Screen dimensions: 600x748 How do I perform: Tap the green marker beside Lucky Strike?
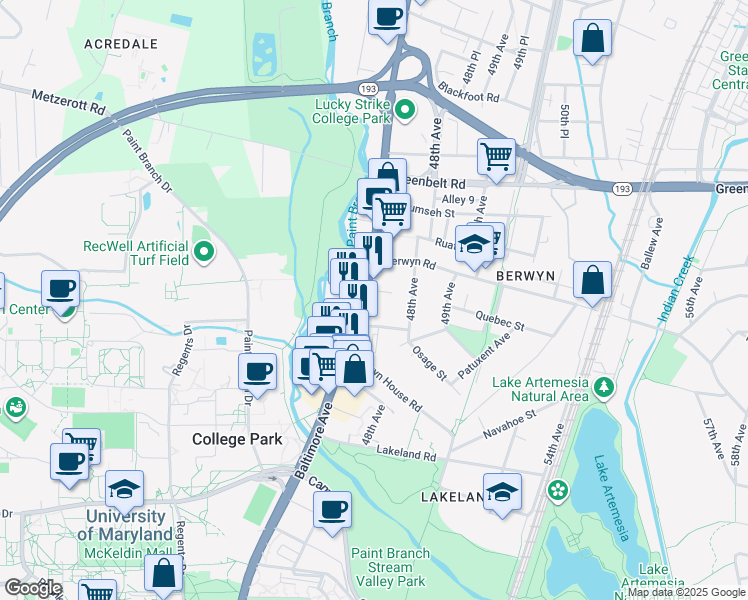[405, 110]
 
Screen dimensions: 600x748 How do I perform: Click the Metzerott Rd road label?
[68, 103]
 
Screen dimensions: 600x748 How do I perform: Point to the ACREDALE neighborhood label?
[121, 44]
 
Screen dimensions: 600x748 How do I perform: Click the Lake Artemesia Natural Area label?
[540, 388]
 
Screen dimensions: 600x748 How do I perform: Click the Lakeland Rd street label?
[407, 453]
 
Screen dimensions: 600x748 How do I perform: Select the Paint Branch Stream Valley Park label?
[390, 567]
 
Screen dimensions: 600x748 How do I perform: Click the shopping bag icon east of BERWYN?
[593, 280]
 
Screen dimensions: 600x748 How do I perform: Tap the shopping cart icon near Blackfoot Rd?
[496, 155]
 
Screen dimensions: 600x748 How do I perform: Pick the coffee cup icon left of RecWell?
[61, 289]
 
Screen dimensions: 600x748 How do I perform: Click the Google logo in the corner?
[33, 588]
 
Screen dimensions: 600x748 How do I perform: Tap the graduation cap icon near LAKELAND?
[502, 490]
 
